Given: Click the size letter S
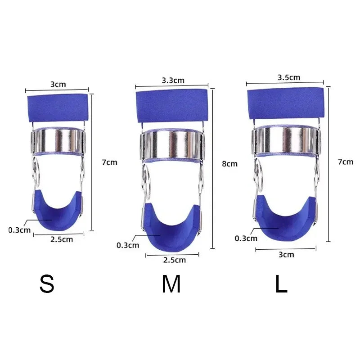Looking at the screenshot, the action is point(47,284).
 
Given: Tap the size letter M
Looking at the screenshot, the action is point(171,284).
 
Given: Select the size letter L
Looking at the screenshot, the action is point(281,284).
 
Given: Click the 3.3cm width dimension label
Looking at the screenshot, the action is point(173,81).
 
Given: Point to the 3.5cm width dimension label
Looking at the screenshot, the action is point(289,77).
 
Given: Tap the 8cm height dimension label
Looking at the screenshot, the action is point(229,164).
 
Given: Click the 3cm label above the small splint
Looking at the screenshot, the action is point(58,84).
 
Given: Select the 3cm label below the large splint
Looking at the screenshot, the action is point(286,255).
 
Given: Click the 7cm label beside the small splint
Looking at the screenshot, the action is point(110,162).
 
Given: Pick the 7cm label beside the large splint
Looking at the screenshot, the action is point(346,162).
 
